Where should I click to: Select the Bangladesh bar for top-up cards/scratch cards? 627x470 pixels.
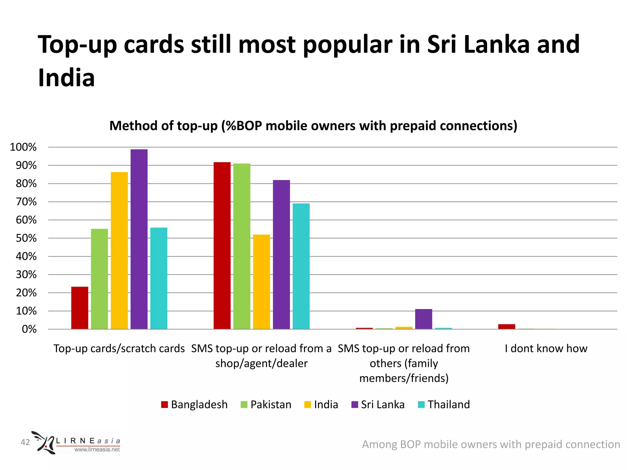[80, 308]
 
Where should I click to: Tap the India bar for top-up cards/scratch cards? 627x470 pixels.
[119, 251]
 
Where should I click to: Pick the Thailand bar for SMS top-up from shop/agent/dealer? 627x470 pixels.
[301, 266]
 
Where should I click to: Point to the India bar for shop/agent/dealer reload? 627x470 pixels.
[261, 282]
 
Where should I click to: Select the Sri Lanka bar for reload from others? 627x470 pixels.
[423, 319]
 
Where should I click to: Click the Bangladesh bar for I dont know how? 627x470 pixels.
[506, 326]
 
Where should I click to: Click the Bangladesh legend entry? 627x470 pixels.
[194, 405]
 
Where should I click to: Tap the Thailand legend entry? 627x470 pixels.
[444, 405]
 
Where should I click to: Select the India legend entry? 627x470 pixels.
[321, 405]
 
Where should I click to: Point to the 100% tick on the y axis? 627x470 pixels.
[23, 147]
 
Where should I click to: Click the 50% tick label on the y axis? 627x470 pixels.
[26, 238]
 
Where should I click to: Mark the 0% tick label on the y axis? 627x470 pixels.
[29, 329]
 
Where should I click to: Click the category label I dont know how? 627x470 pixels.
[546, 349]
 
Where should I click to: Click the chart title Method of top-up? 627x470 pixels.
[313, 126]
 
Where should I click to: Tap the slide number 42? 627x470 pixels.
[25, 442]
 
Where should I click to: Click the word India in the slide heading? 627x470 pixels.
[66, 78]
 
